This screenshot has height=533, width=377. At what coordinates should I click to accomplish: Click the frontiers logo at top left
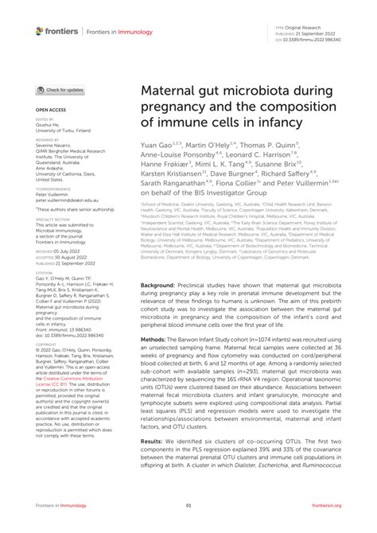[x=56, y=30]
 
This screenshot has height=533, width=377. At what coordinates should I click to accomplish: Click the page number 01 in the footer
[x=188, y=527]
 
